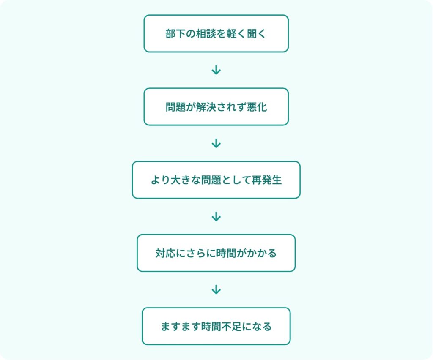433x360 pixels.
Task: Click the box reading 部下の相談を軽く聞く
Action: pyautogui.click(x=216, y=34)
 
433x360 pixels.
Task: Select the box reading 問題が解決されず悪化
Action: pyautogui.click(x=216, y=107)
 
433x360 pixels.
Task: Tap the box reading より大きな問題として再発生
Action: pyautogui.click(x=216, y=180)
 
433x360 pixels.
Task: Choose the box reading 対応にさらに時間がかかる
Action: pyautogui.click(x=216, y=253)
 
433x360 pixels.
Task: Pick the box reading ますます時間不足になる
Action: pyautogui.click(x=216, y=326)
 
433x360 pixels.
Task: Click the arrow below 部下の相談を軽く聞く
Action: pyautogui.click(x=216, y=70)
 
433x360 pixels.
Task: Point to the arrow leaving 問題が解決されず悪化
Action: pyautogui.click(x=216, y=144)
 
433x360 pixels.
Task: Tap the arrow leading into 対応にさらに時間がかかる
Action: pyautogui.click(x=216, y=217)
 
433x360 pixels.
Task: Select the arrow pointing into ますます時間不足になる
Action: pyautogui.click(x=216, y=290)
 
